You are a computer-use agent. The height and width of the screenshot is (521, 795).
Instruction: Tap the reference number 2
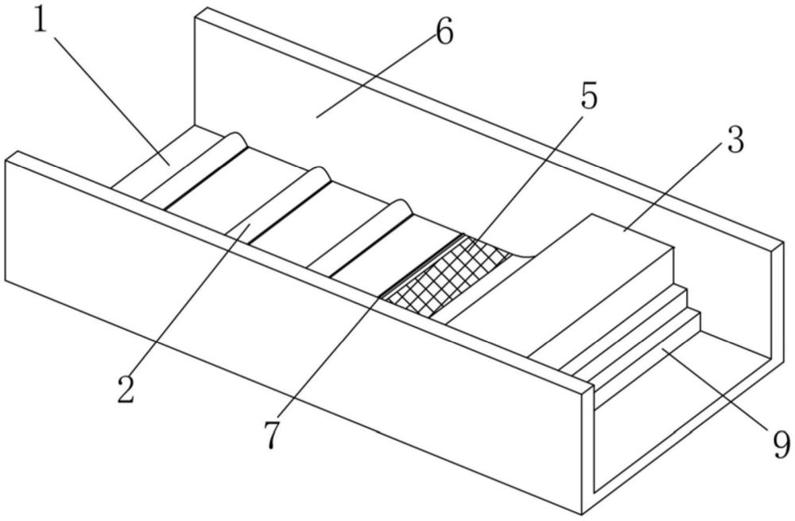pos(125,390)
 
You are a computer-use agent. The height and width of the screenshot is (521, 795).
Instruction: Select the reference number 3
pos(734,141)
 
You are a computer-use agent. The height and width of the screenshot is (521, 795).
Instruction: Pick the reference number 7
pos(272,435)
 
